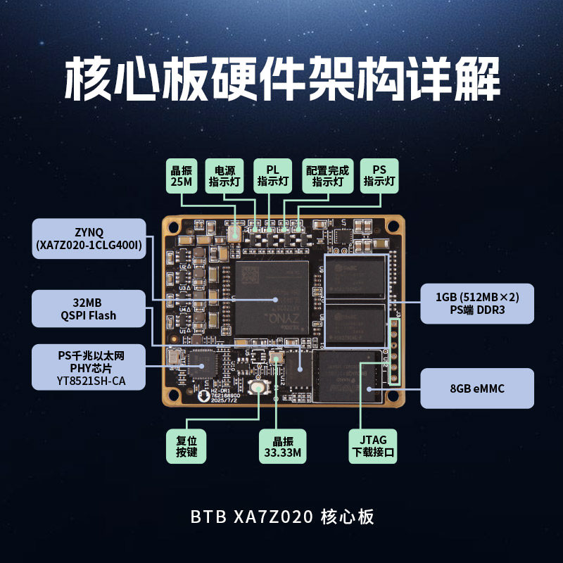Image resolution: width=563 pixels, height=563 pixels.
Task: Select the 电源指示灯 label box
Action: (224, 176)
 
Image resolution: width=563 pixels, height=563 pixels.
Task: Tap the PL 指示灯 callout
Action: (272, 176)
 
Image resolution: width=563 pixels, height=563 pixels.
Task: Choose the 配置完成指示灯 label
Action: (327, 176)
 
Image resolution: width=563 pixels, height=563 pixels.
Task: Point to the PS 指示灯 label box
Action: (379, 176)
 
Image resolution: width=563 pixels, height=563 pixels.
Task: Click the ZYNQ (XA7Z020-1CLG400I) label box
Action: (89, 239)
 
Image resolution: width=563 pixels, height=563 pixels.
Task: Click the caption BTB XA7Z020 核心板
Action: (281, 517)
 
